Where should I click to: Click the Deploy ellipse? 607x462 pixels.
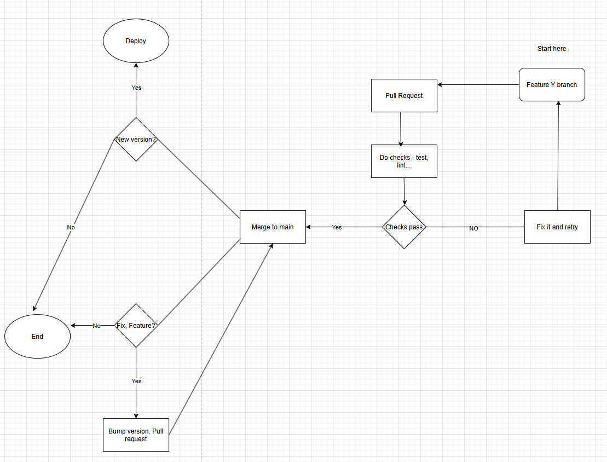tap(136, 41)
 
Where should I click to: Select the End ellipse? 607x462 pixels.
tap(37, 336)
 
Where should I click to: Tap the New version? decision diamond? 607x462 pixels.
tap(136, 139)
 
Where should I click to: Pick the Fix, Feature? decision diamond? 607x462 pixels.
tap(136, 325)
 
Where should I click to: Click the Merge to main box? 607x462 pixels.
tap(273, 227)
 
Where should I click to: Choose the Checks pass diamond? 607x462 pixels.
tap(404, 227)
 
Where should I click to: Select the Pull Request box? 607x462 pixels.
tap(404, 95)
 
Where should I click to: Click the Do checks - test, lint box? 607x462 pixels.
tap(404, 161)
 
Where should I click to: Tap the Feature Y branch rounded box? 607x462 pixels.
tap(552, 84)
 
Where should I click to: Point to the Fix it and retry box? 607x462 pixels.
tap(557, 227)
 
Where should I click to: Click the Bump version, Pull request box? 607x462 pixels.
tap(136, 435)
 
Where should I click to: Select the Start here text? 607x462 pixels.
tap(552, 49)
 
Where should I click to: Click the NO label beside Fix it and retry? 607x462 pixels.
tap(473, 228)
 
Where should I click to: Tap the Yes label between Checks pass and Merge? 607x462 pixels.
tap(337, 227)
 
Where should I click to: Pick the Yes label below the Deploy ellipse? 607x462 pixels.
tap(136, 88)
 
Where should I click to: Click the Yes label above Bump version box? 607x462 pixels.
tap(136, 381)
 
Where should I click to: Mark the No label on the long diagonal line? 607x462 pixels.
tap(71, 227)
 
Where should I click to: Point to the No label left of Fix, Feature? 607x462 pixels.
tap(96, 326)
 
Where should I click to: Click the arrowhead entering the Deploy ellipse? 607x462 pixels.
tap(136, 66)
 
